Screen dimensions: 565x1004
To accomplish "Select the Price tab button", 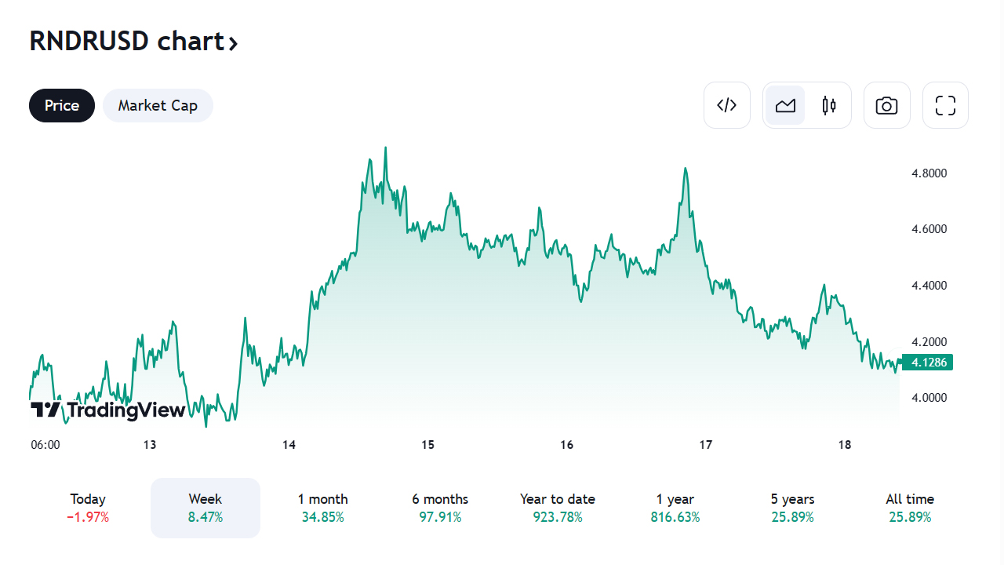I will click(62, 105).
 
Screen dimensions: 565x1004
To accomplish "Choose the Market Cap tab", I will click(158, 105).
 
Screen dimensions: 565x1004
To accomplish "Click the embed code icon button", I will click(727, 105).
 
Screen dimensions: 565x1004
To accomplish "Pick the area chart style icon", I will click(785, 105).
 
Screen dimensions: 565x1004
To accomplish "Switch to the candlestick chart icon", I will click(829, 105).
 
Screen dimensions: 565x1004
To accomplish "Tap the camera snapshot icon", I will click(887, 105).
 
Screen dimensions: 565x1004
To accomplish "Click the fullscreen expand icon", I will click(945, 105).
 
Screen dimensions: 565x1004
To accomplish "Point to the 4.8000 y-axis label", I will click(929, 173).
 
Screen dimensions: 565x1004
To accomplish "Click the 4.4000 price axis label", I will click(929, 286).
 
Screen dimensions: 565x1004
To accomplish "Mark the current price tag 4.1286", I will click(929, 363).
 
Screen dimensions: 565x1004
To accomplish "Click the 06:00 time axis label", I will click(45, 445).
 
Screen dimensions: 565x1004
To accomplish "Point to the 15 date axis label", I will click(427, 445).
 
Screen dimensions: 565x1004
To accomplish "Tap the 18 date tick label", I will click(845, 445).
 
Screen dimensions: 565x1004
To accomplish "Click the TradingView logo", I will click(108, 410).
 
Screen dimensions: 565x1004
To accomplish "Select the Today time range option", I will click(88, 499).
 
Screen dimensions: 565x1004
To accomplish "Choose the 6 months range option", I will click(440, 499).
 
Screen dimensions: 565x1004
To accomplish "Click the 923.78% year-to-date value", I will click(558, 517).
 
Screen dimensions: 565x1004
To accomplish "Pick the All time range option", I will click(910, 499).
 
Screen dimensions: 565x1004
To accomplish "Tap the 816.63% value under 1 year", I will click(675, 517).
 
